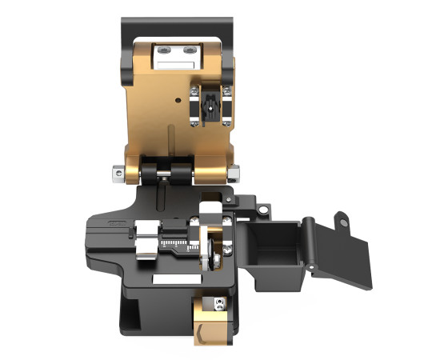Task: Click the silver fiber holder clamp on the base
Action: coord(146,239)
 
